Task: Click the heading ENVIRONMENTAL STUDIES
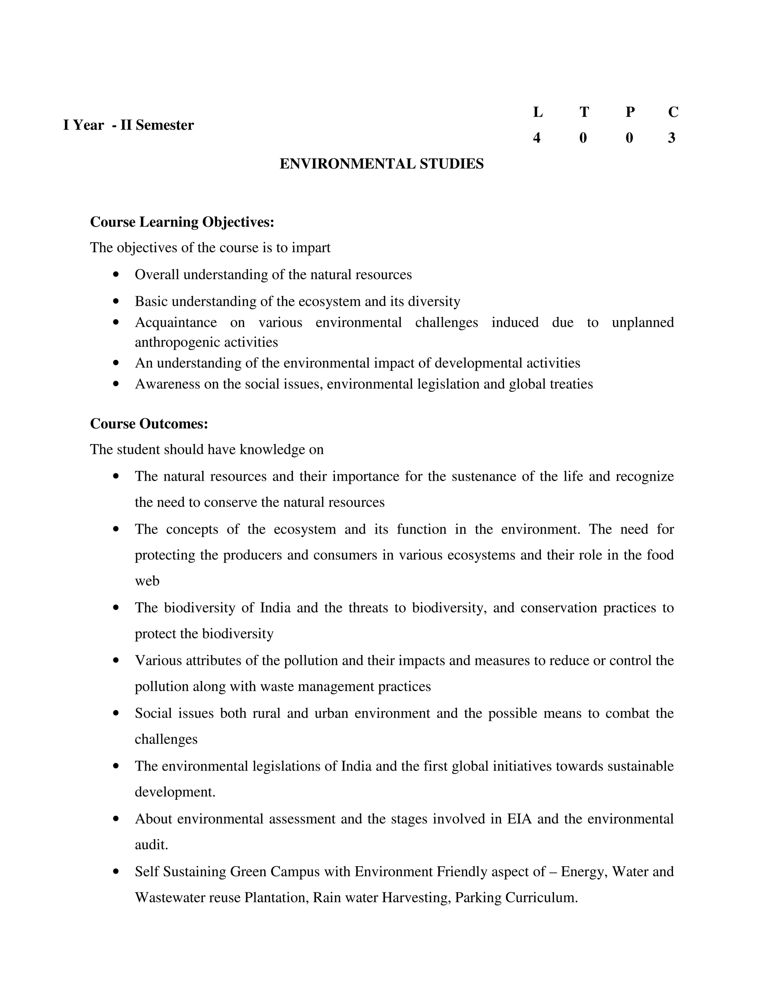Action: [382, 164]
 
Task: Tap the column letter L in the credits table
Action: [537, 112]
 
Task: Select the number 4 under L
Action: [537, 138]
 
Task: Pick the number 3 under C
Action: [671, 138]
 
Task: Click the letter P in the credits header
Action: [630, 112]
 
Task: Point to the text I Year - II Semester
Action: [129, 125]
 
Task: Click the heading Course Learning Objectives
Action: [182, 222]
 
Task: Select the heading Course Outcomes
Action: [149, 424]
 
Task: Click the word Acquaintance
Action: [176, 322]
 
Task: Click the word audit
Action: [151, 845]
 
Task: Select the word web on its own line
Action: [147, 581]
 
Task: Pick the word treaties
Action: [571, 384]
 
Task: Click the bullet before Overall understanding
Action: [116, 274]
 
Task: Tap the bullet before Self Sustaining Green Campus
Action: [116, 871]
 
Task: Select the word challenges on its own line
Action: [166, 739]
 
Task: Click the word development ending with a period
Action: [175, 792]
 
